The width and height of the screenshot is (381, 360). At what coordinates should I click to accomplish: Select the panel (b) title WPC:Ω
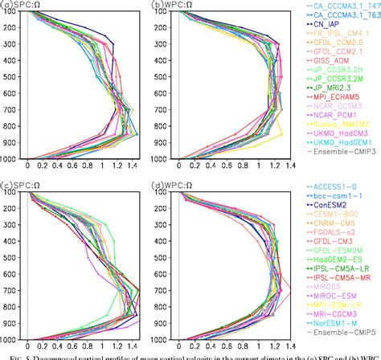pos(170,6)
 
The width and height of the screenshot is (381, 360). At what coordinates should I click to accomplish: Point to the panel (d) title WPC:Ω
pos(170,184)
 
